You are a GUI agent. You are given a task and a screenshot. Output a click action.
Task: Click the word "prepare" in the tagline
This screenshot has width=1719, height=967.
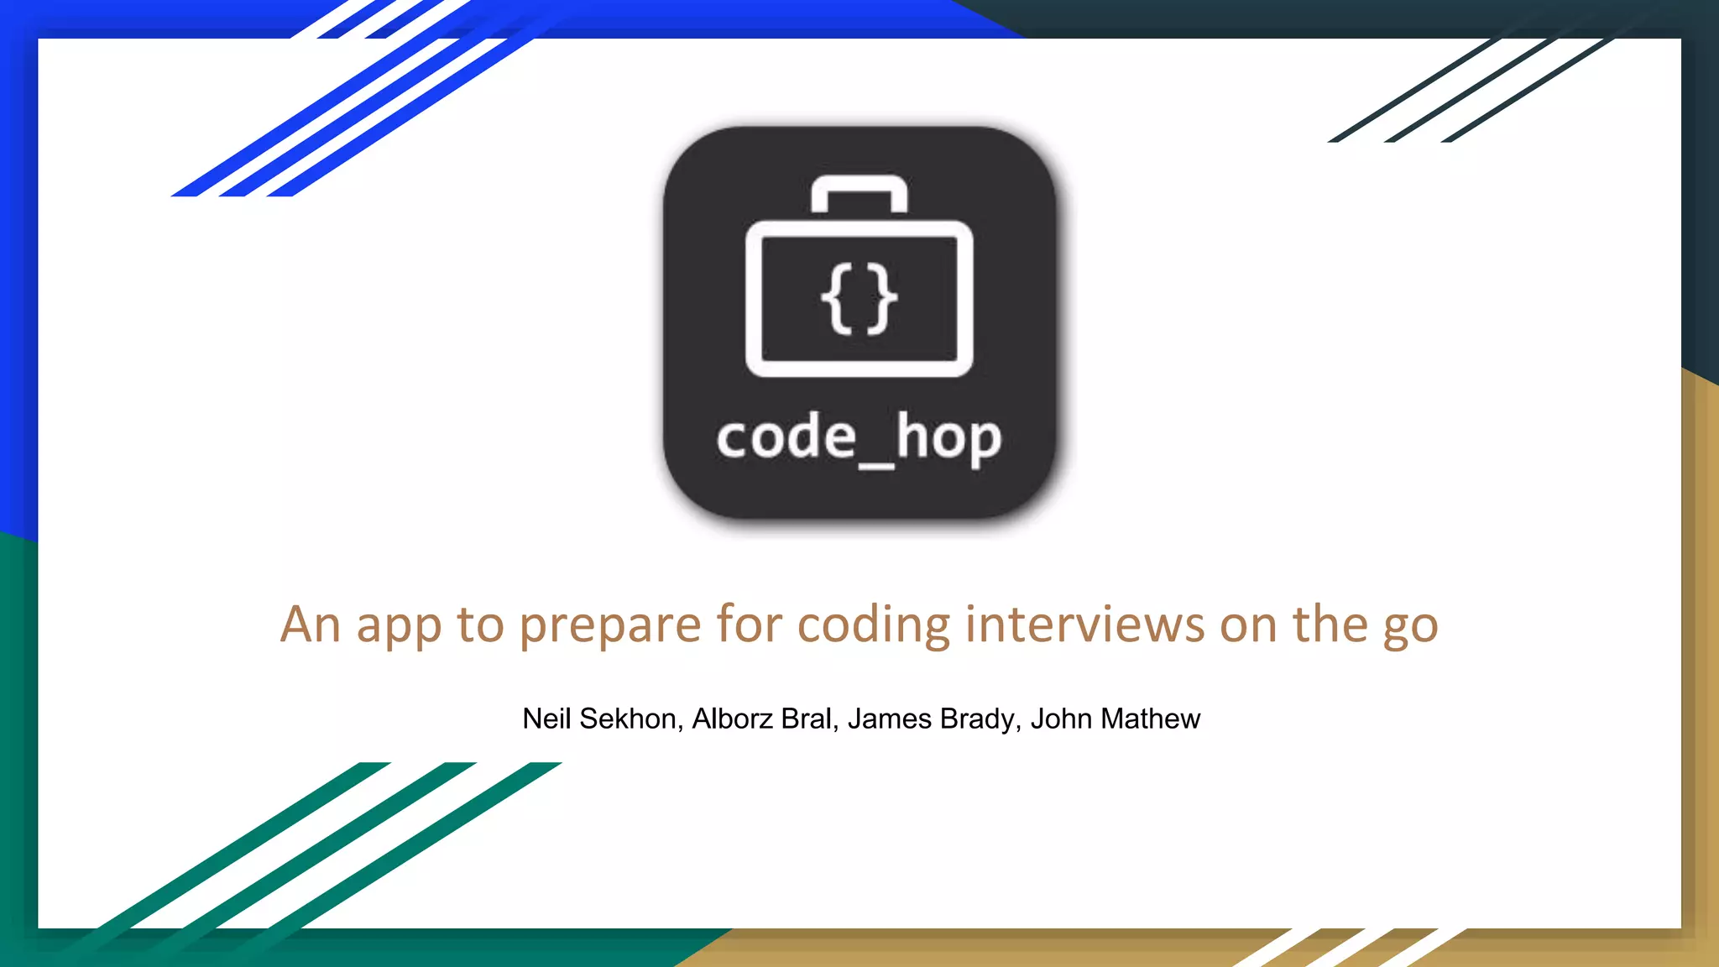[609, 626]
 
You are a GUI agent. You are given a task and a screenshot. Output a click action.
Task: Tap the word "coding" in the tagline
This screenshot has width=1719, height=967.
[873, 626]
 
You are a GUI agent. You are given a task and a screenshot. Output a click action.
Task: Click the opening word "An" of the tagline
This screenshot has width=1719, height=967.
[311, 625]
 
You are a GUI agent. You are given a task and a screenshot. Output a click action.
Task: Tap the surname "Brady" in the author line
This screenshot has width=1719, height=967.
[980, 720]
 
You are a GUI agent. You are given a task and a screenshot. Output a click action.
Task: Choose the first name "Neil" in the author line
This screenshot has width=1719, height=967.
[546, 719]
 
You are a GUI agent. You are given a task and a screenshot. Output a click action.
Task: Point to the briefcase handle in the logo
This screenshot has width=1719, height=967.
[859, 190]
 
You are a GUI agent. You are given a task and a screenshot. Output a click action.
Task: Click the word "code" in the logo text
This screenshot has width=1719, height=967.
[786, 437]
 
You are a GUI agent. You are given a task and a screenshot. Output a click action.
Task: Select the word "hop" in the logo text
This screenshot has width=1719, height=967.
[948, 437]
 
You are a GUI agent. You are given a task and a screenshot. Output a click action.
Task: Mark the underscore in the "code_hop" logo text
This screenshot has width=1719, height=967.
[876, 464]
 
